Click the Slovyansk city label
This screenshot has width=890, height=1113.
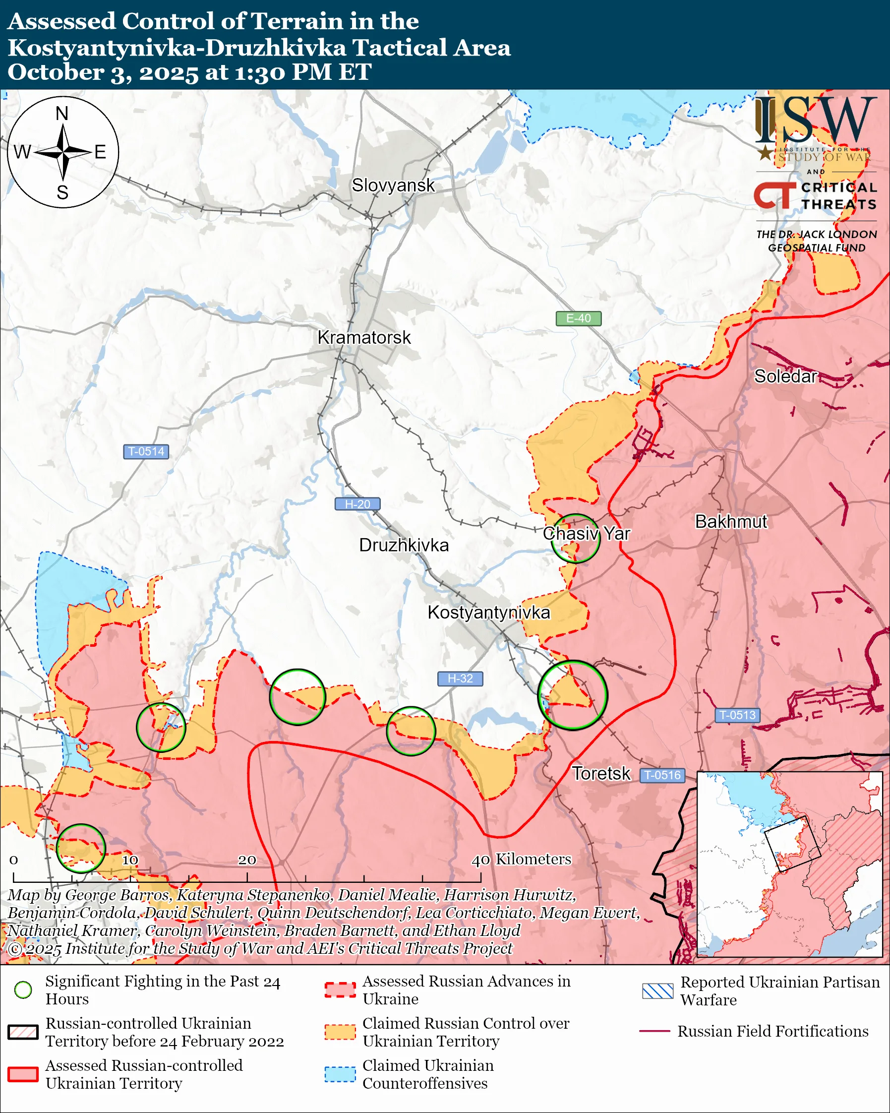pos(393,185)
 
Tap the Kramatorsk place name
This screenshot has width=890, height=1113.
pos(364,338)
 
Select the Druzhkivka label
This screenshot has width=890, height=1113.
pos(404,545)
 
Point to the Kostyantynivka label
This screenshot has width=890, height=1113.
pos(488,612)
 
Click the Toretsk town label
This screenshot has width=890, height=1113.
pos(601,773)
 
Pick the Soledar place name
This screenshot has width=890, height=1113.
pos(785,376)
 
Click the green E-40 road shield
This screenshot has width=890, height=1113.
pos(578,318)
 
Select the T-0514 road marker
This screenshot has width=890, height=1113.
pos(146,451)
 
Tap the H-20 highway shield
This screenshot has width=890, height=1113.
pos(357,504)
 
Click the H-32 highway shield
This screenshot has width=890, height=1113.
pos(460,679)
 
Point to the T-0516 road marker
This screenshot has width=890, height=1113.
pos(663,775)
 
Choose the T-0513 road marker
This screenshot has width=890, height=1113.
pos(737,715)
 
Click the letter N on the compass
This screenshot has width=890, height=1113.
pos(62,113)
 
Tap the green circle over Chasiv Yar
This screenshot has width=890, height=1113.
pos(575,538)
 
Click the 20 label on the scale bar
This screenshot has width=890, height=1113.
pos(246,860)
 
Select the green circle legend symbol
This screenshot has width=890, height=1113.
pos(23,989)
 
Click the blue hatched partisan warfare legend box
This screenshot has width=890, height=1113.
pos(657,990)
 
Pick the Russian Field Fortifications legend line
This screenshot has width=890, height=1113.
pos(654,1031)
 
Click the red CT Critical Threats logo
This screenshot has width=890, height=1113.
pos(774,195)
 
